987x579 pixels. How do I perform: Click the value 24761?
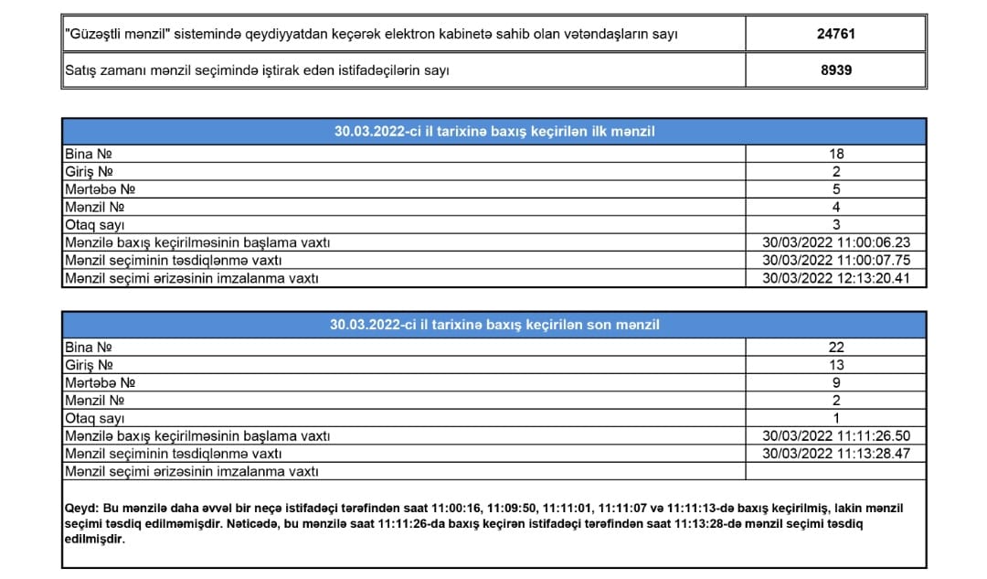coord(836,34)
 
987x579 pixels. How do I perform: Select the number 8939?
coord(836,70)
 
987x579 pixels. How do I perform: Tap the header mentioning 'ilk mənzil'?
coord(493,132)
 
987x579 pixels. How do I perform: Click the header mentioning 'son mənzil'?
coord(493,325)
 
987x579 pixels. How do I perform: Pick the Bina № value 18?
coord(836,154)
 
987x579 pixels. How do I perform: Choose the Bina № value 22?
coord(836,348)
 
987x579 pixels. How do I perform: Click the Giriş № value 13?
coord(836,365)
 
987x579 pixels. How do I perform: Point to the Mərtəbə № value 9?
coord(836,382)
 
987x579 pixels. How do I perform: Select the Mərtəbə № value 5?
coord(836,189)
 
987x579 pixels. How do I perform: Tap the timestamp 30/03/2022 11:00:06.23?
coord(836,242)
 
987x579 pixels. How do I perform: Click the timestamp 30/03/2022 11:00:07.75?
coord(836,260)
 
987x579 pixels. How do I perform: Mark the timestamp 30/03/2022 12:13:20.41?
coord(836,278)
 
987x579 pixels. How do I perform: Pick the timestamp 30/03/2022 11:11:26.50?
coord(836,435)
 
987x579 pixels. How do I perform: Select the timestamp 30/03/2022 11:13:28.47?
coord(836,453)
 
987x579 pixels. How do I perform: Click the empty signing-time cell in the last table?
coord(836,471)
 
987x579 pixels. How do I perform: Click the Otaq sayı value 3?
coord(836,225)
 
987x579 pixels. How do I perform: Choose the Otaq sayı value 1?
coord(836,418)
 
